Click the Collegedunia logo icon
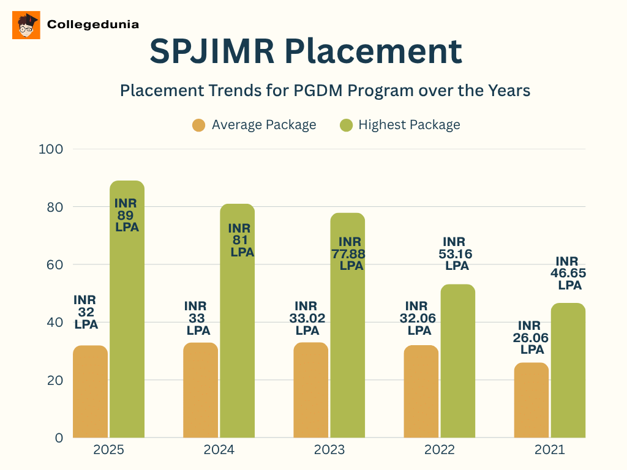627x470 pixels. (26, 25)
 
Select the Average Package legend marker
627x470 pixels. (198, 125)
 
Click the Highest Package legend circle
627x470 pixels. (346, 125)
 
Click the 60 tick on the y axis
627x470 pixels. (54, 264)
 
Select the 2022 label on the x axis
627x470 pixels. (440, 450)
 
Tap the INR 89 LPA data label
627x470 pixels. (127, 215)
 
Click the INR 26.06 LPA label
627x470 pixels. (532, 338)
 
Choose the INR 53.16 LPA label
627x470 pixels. (457, 254)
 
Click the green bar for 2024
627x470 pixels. (237, 343)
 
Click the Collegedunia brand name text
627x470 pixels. (93, 25)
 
